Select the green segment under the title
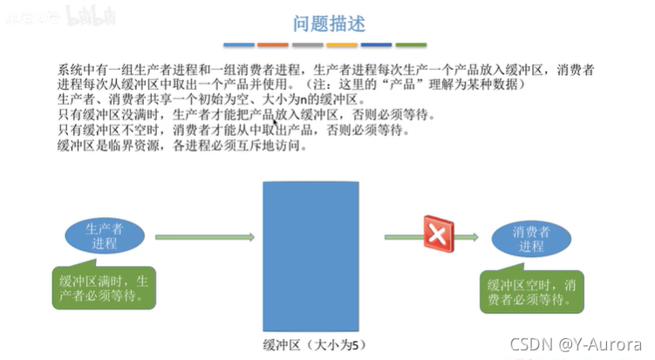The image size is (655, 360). point(411,44)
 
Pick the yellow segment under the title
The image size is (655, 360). point(342,44)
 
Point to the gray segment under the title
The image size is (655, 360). point(308,44)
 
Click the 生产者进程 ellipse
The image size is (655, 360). point(104,236)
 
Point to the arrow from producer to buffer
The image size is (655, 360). point(205,236)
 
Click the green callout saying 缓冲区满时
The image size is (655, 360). point(105,289)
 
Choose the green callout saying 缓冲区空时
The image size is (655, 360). point(531,291)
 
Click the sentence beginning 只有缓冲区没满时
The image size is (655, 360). point(244,115)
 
